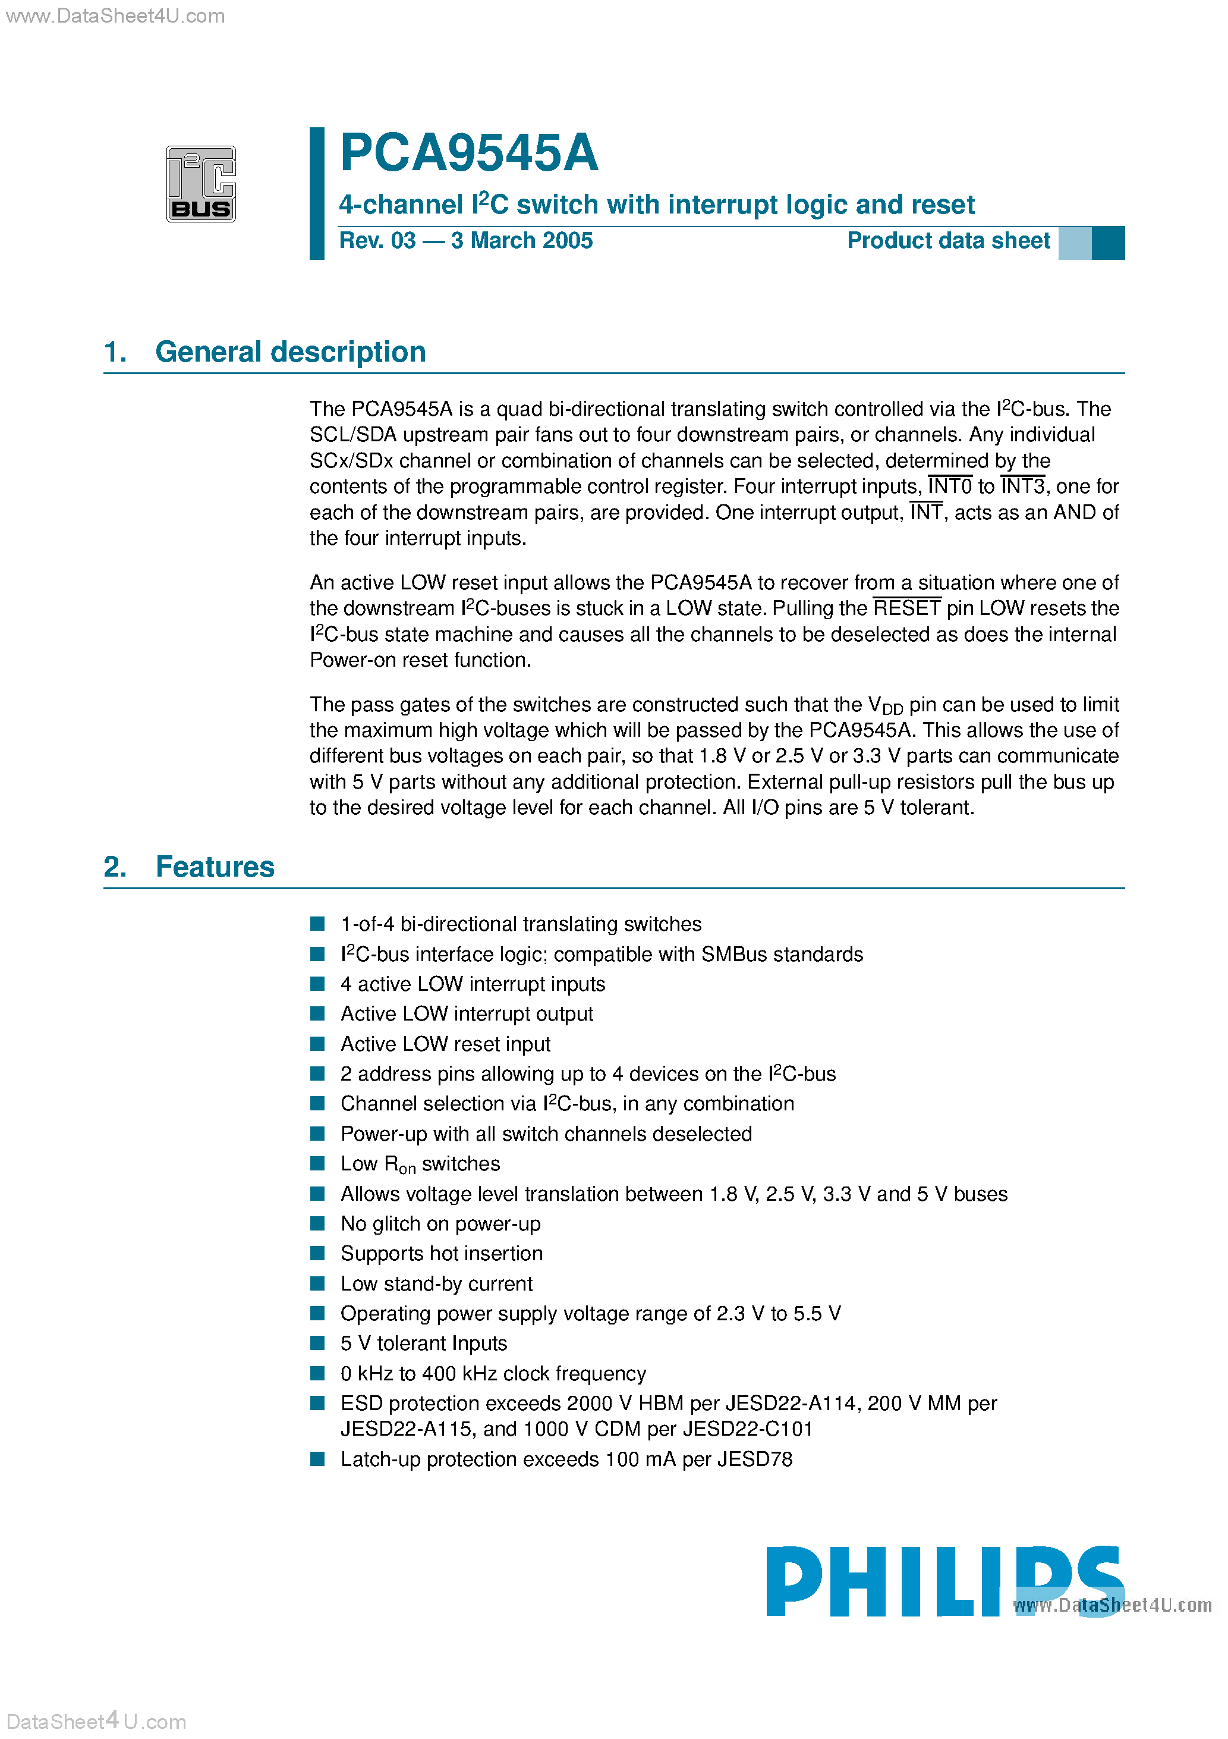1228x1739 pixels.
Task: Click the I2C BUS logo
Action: (201, 184)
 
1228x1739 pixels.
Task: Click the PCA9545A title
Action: (468, 153)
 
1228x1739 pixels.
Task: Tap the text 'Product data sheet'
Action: (948, 241)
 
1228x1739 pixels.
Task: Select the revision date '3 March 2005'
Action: (522, 241)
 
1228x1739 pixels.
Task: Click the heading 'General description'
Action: (290, 352)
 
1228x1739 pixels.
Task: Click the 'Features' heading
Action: (215, 867)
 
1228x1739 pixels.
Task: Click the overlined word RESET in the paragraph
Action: (906, 608)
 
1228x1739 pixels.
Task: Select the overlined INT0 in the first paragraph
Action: (949, 486)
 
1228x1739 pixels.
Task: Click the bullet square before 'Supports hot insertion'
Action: (318, 1254)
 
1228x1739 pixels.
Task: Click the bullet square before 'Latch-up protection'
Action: (318, 1459)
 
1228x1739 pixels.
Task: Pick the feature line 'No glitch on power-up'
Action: (440, 1224)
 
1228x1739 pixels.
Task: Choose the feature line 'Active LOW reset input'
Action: (445, 1044)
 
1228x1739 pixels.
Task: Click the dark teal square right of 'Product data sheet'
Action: (1109, 243)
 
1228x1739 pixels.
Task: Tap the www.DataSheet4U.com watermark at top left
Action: (115, 16)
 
